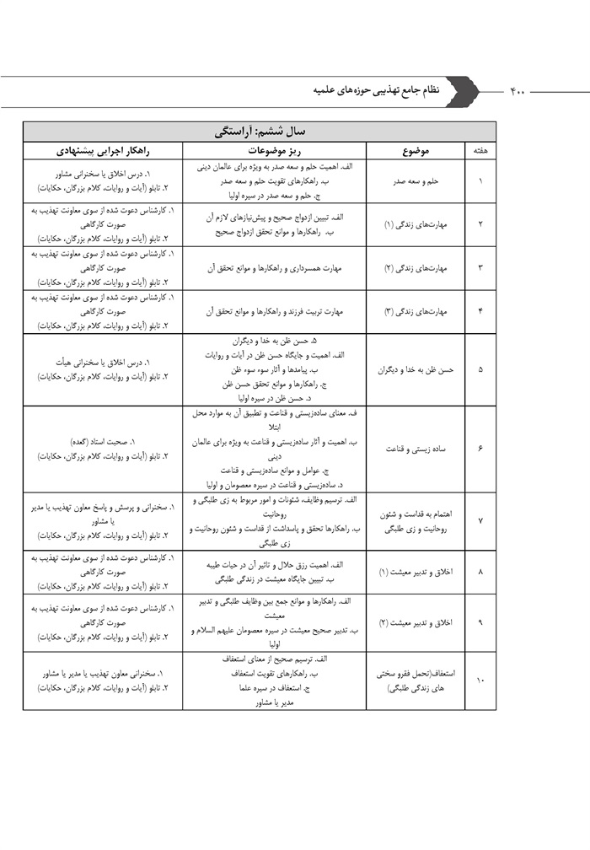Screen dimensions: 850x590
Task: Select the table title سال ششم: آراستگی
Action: pos(260,132)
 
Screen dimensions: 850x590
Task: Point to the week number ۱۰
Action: pos(480,681)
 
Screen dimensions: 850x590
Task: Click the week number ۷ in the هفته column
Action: pos(480,520)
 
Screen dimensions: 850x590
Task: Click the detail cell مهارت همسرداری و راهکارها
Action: pos(274,268)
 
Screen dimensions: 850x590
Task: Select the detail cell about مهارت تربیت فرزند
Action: pos(274,311)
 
